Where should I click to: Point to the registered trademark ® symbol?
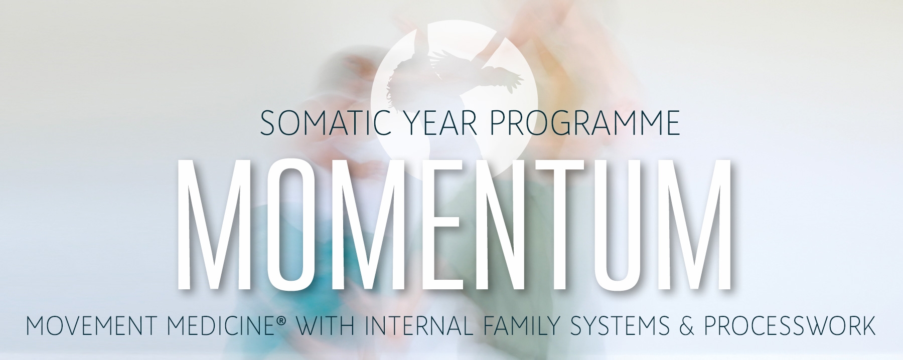[280, 320]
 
